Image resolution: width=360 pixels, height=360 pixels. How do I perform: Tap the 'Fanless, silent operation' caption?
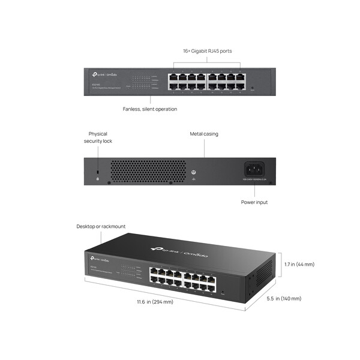(x=150, y=109)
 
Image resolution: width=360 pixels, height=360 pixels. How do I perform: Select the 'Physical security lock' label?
(x=98, y=137)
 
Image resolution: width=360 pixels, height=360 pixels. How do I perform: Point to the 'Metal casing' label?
(x=204, y=134)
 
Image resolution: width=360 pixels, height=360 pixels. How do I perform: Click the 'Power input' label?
(x=254, y=202)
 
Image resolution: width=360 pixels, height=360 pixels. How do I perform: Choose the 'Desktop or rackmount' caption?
(x=101, y=226)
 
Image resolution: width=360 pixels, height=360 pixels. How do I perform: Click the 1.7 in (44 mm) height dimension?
(x=299, y=264)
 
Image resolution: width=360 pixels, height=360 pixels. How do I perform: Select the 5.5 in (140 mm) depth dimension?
(x=284, y=298)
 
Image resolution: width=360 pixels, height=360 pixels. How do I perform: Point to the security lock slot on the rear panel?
(x=98, y=172)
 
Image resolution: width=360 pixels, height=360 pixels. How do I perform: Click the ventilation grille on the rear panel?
(x=147, y=169)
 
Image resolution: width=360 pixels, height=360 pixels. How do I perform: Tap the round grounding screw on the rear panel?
(x=194, y=172)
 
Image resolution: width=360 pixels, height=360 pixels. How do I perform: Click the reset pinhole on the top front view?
(x=252, y=88)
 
